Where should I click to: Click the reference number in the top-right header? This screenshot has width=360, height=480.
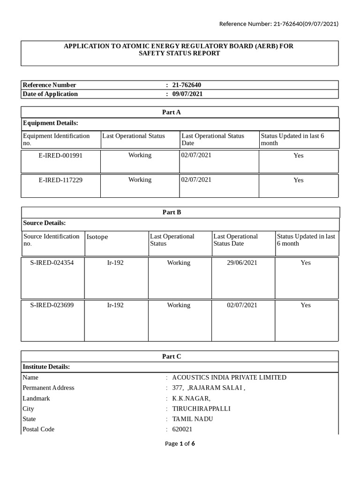(279, 24)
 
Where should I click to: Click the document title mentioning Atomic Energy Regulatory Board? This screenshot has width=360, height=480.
(179, 50)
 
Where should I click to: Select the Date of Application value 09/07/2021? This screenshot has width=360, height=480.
(187, 94)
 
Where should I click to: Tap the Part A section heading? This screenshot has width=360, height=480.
(172, 112)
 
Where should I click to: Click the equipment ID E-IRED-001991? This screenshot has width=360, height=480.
(60, 155)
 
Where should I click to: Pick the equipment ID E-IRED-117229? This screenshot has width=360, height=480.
(60, 180)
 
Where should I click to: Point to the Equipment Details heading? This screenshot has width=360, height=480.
(50, 123)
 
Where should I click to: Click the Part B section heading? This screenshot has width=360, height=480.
(172, 212)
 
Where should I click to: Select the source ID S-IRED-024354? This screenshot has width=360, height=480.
(52, 263)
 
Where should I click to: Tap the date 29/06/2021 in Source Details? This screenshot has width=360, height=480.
(242, 263)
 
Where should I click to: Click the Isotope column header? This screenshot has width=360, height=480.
(97, 237)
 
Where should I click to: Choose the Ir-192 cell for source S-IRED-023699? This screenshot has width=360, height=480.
(115, 305)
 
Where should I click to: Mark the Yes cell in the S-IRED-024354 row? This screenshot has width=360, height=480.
(306, 263)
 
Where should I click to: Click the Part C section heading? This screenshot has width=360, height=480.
(172, 357)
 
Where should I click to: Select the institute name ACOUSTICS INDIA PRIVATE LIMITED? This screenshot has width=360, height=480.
(229, 377)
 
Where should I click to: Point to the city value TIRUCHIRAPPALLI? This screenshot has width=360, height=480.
(201, 409)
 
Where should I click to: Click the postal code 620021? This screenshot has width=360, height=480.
(182, 429)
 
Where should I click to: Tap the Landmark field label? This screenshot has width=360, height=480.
(36, 398)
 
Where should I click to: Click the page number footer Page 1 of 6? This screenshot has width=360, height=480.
(180, 443)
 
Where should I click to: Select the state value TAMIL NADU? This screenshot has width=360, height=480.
(192, 419)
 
